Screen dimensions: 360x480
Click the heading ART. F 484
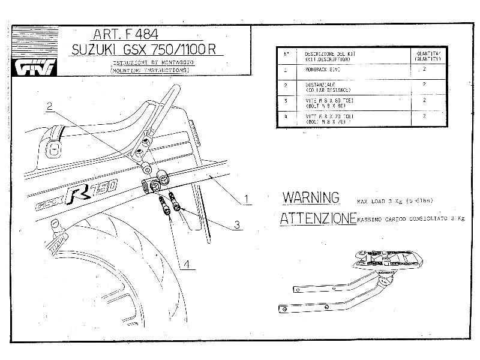[125, 34]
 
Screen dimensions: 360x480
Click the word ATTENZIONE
[317, 219]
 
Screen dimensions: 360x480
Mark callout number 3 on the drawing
[238, 226]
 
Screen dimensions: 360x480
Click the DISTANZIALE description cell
[327, 86]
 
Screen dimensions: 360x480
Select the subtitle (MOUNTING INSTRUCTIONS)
[150, 70]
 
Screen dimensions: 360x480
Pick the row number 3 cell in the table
[286, 101]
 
